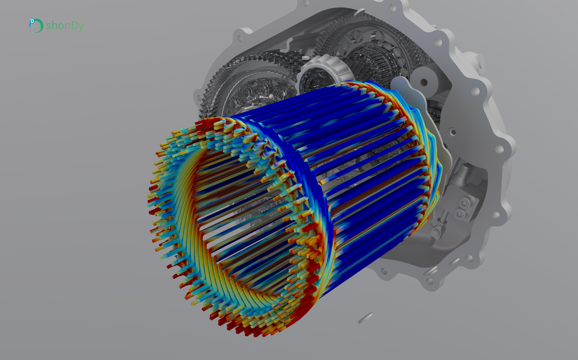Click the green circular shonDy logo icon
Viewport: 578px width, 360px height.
[x=36, y=25]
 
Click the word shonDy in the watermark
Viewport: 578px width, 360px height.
[x=65, y=26]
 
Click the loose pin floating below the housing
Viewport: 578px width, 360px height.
[x=366, y=317]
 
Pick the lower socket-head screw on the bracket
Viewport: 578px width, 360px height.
[x=460, y=214]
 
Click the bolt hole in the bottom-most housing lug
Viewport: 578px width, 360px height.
[x=430, y=281]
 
